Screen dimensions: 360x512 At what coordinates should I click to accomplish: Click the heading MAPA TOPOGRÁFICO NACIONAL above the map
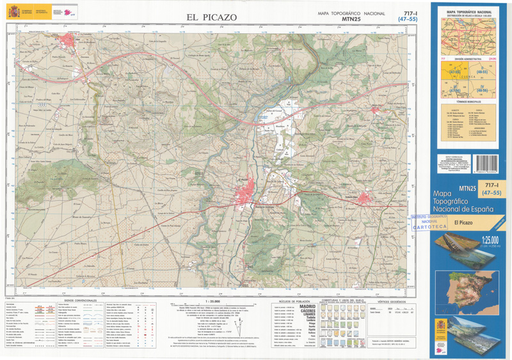point(351,13)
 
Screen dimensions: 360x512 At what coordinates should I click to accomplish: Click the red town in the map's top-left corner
point(69,43)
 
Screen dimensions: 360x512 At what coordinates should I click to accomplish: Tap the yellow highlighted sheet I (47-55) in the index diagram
point(455,73)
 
